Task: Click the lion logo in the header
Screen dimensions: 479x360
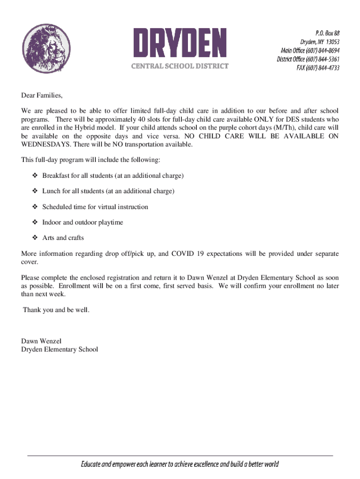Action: pos(46,49)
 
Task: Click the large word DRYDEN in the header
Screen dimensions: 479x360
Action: pos(180,43)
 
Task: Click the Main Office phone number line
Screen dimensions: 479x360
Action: pos(310,51)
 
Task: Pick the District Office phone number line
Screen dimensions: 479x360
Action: pos(308,59)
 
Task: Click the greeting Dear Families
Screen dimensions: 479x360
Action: pos(42,95)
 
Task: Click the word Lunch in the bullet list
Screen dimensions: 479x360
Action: pos(50,191)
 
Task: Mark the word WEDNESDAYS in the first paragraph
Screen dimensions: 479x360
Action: pos(43,145)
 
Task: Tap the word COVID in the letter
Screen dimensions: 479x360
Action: pos(183,254)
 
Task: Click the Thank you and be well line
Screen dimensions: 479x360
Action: pos(56,310)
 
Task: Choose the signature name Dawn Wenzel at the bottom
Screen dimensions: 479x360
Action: pos(41,341)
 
